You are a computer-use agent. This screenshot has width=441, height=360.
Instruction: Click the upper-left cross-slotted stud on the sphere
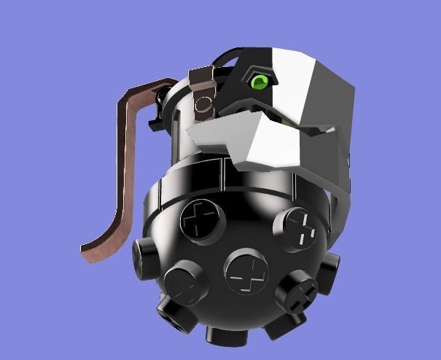[x=200, y=218]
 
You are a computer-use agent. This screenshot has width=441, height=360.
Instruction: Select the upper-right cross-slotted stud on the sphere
[x=297, y=228]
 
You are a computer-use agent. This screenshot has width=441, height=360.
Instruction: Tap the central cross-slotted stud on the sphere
[x=247, y=275]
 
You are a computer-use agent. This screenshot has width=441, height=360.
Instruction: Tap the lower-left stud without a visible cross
[x=182, y=283]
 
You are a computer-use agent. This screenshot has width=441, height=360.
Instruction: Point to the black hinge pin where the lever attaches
[x=156, y=117]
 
